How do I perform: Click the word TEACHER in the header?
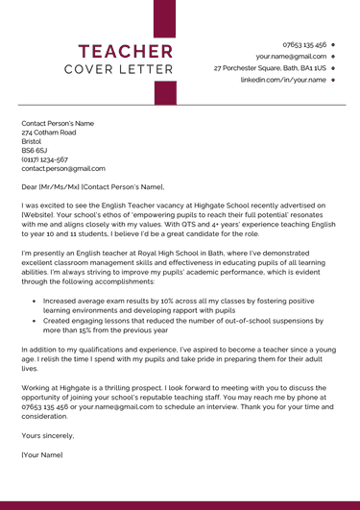tap(126, 51)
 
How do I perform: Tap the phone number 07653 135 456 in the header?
tap(304, 44)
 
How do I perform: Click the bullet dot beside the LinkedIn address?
tap(332, 81)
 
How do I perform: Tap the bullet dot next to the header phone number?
tap(332, 44)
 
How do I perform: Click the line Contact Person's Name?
tap(58, 124)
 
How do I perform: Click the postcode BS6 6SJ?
tap(35, 151)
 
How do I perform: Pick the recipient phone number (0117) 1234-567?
tap(44, 159)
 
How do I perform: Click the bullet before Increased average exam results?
tap(34, 301)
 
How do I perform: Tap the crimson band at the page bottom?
tap(180, 504)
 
